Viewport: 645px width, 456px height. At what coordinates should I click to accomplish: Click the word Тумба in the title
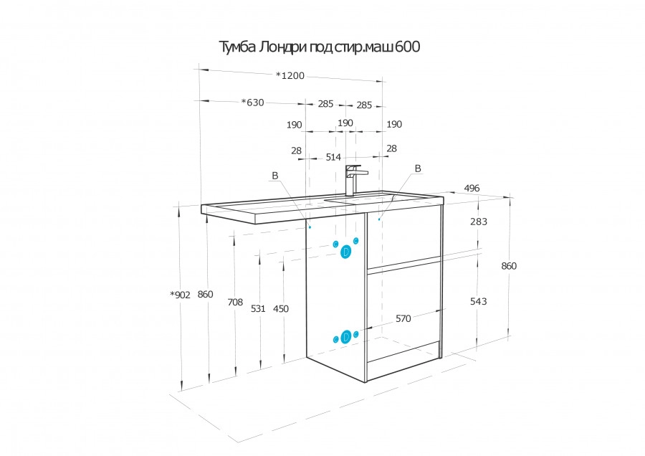[x=236, y=47]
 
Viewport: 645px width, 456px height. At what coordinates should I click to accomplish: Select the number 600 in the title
[x=408, y=47]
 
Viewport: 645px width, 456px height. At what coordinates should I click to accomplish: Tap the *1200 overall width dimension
[x=290, y=75]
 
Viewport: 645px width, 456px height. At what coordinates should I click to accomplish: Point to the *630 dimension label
[x=252, y=102]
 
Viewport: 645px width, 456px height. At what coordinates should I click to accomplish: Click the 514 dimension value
[x=333, y=157]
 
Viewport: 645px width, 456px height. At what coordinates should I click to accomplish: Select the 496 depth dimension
[x=472, y=188]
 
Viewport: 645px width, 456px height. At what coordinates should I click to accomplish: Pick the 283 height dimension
[x=479, y=222]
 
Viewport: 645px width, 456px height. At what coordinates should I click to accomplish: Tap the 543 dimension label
[x=479, y=301]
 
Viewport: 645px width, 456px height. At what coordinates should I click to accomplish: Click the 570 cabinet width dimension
[x=403, y=318]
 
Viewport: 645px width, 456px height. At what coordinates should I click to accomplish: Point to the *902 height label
[x=180, y=295]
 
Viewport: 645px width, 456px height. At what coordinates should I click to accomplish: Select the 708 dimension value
[x=235, y=302]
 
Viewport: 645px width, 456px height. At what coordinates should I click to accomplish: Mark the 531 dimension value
[x=258, y=309]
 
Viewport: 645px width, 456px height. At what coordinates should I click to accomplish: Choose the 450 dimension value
[x=281, y=309]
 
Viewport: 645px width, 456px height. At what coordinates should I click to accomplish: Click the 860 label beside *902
[x=205, y=294]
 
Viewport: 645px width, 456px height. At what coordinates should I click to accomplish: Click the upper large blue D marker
[x=346, y=252]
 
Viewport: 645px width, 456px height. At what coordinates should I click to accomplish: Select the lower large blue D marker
[x=346, y=337]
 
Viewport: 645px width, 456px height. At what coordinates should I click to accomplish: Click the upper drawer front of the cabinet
[x=403, y=235]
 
